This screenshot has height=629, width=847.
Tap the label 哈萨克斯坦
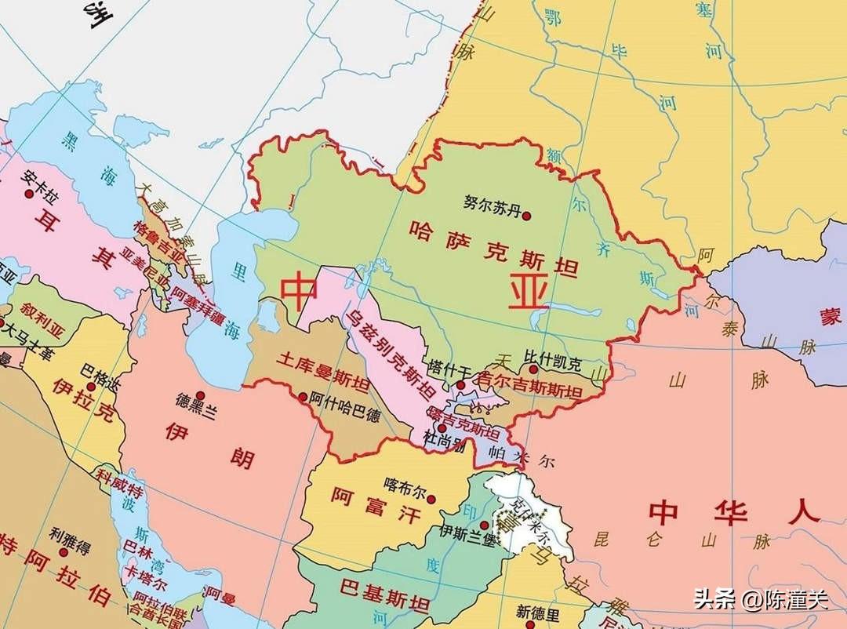coord(494,249)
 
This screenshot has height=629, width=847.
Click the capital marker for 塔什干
coord(461,386)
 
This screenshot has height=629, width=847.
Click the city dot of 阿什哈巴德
coord(303,397)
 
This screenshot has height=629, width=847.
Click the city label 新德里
coord(538,612)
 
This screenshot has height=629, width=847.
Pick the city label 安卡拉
coord(37,177)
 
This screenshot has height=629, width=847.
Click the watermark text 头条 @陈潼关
coord(760,600)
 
